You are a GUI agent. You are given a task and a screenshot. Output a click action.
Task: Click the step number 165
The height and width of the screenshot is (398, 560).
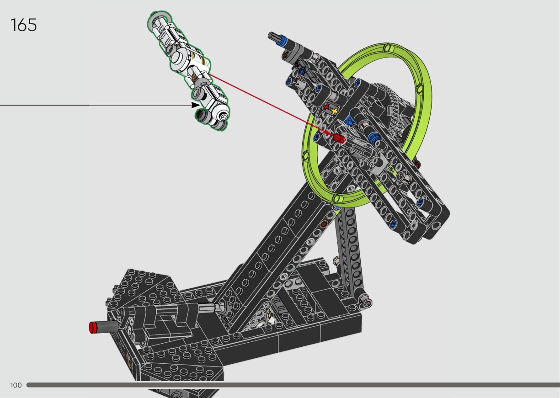23,25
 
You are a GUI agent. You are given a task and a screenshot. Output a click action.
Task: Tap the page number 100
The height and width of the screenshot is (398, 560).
16,385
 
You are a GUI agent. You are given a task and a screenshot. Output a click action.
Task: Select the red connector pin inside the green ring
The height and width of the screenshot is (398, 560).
339,138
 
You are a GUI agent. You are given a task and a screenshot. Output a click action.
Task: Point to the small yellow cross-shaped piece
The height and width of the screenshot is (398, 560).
335,111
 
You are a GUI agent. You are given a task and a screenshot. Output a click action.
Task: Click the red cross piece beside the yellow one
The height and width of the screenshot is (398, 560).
326,107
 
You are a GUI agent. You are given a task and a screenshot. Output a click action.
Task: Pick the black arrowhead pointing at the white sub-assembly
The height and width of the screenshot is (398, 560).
196,105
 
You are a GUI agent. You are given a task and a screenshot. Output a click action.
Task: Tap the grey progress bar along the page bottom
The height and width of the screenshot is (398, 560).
293,385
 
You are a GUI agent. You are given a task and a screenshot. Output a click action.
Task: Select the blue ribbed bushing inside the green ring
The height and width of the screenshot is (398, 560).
374,137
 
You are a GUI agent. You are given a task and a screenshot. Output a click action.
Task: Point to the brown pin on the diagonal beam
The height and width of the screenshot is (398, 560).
325,224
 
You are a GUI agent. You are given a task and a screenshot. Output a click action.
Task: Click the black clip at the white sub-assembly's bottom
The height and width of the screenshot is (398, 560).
201,115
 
